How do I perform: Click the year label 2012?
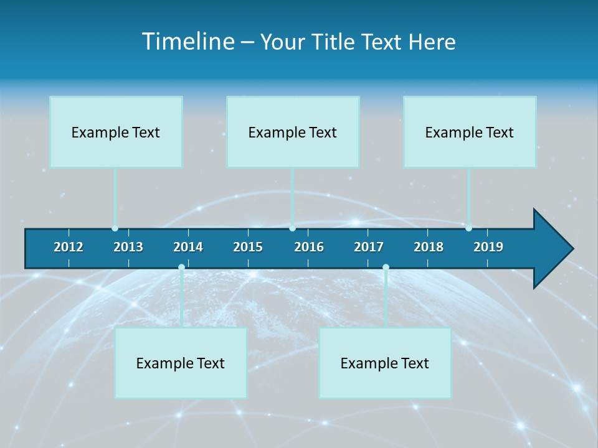[x=69, y=247]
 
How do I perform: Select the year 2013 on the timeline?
[x=128, y=247]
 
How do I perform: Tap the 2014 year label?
[x=188, y=247]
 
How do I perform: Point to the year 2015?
[x=248, y=247]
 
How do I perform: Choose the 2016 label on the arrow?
[x=309, y=247]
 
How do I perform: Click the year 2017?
[x=369, y=247]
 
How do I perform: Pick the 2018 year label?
[x=429, y=247]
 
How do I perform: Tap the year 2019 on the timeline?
[x=488, y=247]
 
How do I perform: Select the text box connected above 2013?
[x=116, y=132]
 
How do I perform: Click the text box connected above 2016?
[x=293, y=132]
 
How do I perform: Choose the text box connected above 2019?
[x=470, y=132]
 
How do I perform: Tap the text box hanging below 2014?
[x=181, y=363]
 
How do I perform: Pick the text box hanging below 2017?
[x=385, y=363]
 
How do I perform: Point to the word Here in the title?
[x=432, y=42]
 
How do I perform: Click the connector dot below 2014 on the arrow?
[x=181, y=268]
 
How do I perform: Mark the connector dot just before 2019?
[x=468, y=228]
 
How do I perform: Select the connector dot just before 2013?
[x=115, y=228]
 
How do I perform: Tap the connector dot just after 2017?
[x=386, y=268]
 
